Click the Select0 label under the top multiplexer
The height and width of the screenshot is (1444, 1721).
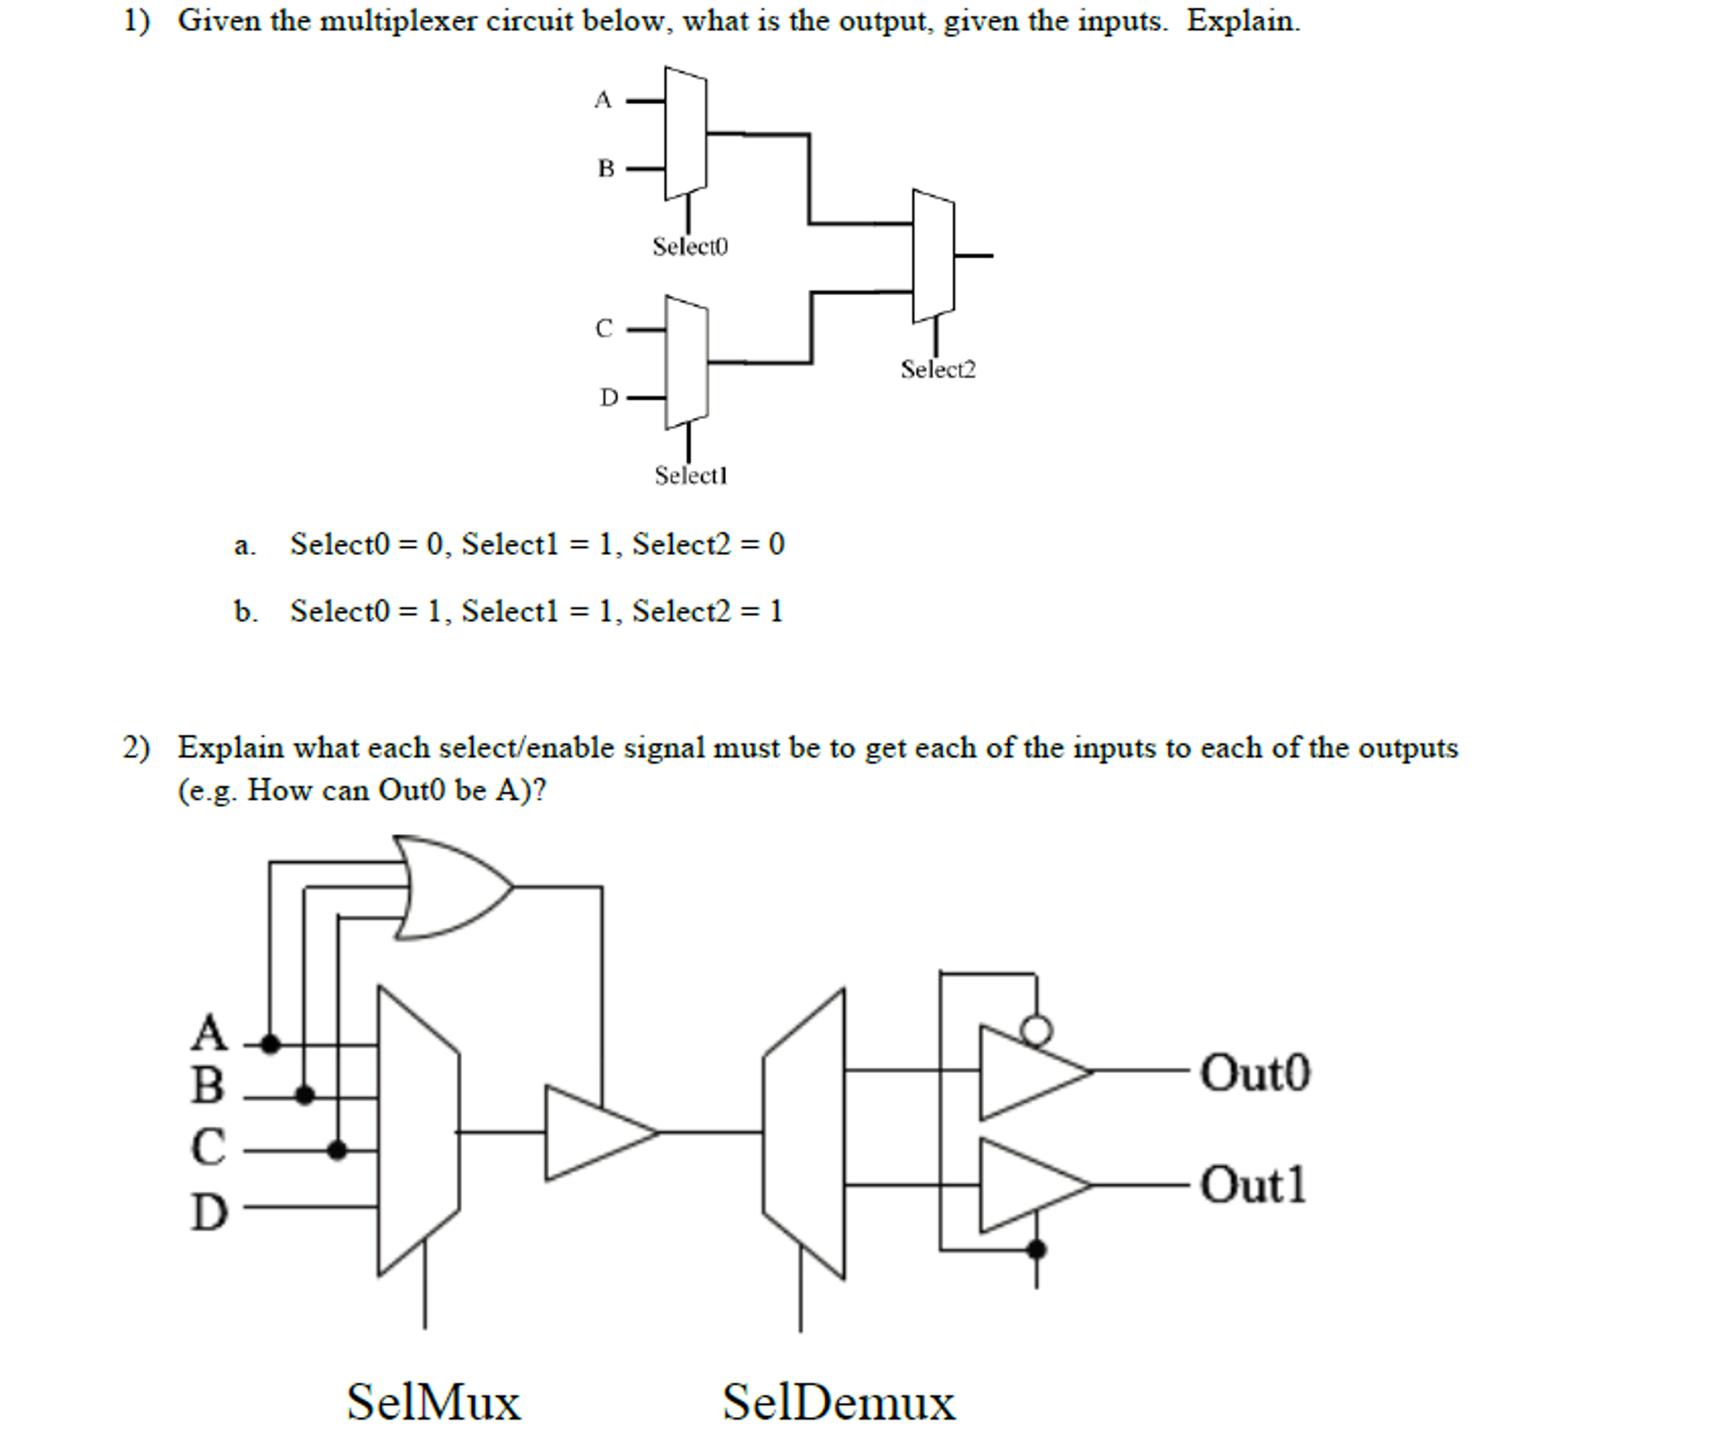point(689,246)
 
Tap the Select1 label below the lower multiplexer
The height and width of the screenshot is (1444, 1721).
point(691,475)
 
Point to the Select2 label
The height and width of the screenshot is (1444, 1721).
point(937,369)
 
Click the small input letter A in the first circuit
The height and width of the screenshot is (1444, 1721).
point(602,100)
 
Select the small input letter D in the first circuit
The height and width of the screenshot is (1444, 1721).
point(608,397)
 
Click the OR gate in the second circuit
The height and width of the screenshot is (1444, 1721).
point(450,887)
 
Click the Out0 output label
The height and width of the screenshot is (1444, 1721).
point(1254,1073)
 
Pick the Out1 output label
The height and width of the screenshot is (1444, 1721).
point(1252,1185)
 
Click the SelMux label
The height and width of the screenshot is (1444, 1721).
point(433,1402)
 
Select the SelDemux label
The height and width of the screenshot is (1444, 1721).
point(838,1402)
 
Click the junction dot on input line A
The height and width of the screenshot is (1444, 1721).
point(270,1045)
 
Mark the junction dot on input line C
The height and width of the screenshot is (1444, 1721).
point(336,1150)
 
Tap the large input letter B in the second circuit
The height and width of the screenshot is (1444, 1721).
point(208,1085)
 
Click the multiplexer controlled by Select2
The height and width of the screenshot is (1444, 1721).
point(933,256)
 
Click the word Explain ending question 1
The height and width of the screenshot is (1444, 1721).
point(1242,20)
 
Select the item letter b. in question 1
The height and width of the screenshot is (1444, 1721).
point(246,611)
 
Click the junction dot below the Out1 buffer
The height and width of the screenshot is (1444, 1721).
point(1036,1250)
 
